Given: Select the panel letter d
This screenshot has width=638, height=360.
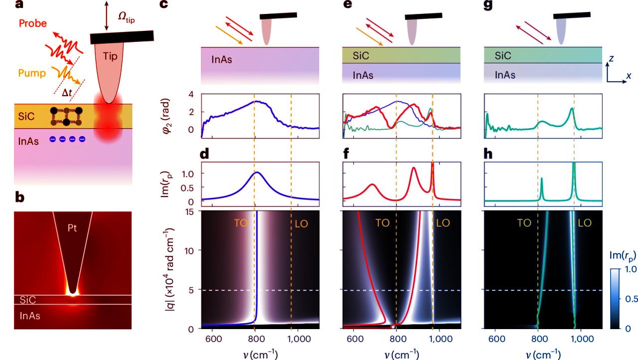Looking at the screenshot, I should pyautogui.click(x=205, y=155).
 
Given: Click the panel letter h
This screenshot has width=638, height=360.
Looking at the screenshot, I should pyautogui.click(x=489, y=155).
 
